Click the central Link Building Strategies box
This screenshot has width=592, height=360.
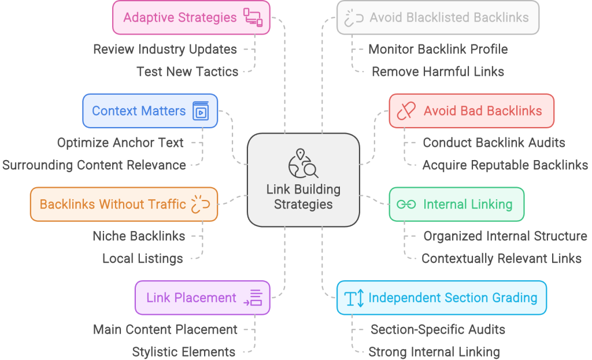(x=304, y=196)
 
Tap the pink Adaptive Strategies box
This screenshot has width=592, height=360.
(x=191, y=17)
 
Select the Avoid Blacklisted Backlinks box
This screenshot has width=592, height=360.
(x=438, y=17)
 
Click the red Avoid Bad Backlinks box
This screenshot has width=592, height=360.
(x=471, y=110)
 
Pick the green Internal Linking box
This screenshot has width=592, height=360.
(x=456, y=204)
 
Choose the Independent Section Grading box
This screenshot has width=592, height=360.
(x=441, y=298)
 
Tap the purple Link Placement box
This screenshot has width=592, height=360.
(x=202, y=298)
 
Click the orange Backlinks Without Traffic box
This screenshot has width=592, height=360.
(x=124, y=204)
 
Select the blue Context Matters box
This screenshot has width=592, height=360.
(x=150, y=110)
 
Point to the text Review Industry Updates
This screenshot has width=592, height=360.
(x=165, y=49)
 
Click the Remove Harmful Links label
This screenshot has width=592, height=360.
(x=438, y=72)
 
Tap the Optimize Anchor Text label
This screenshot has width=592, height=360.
(x=120, y=142)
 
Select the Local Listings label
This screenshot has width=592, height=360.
(x=142, y=258)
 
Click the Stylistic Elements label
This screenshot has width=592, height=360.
(x=183, y=351)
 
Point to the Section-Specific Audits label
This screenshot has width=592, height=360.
(x=438, y=329)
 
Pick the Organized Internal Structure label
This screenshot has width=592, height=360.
(x=505, y=236)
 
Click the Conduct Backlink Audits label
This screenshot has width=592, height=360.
(x=494, y=142)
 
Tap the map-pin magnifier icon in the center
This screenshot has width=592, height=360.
(x=304, y=164)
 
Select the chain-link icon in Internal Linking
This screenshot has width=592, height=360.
(x=406, y=204)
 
